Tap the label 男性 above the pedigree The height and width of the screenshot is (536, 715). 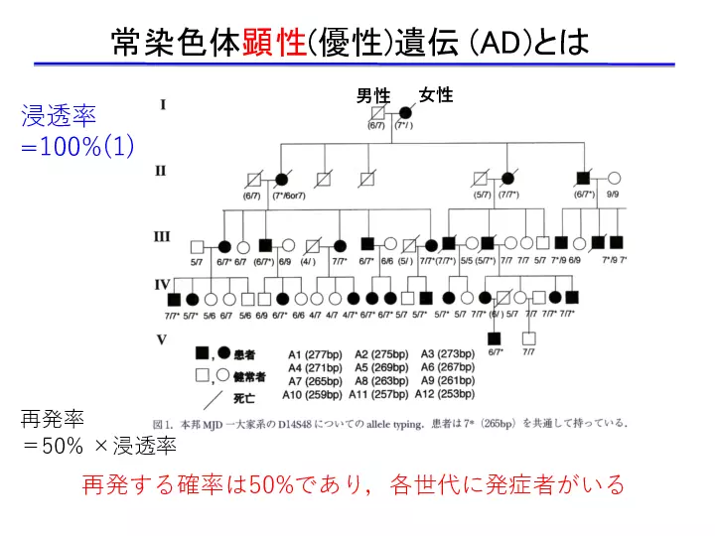point(374,96)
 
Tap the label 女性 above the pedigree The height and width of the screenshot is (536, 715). point(436,95)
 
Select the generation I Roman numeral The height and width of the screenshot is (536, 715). point(163,104)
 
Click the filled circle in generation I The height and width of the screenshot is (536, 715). point(405,113)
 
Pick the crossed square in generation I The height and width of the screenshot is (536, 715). point(376,113)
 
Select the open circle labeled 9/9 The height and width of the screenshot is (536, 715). point(613,180)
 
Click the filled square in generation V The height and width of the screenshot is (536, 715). point(495,338)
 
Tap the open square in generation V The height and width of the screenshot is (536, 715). point(528,338)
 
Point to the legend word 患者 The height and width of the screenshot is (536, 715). point(244,354)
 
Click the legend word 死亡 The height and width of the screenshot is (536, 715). point(244,400)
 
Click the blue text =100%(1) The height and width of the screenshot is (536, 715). point(77,146)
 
